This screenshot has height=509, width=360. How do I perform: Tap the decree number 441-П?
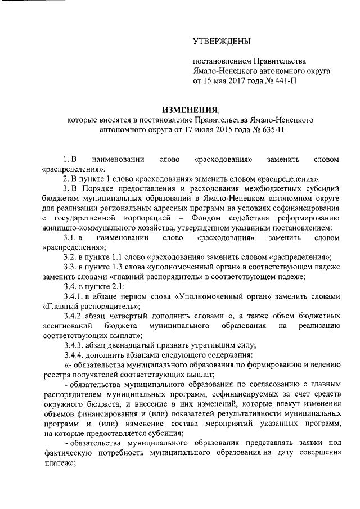pos(285,81)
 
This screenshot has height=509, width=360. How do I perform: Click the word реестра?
pos(56,377)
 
